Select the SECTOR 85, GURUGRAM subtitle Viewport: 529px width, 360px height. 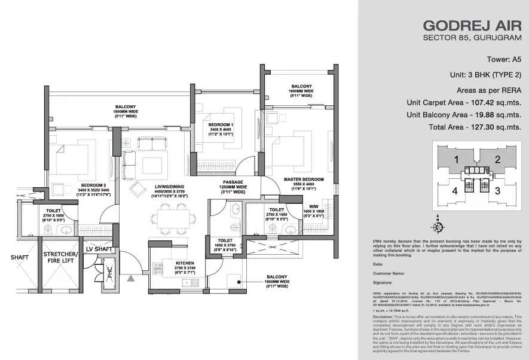pos(472,38)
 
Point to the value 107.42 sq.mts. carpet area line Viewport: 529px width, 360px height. pos(464,102)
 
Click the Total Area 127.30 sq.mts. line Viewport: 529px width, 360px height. pos(475,127)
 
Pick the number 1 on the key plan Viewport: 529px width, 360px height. pos(455,160)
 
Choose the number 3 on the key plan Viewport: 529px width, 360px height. pos(497,191)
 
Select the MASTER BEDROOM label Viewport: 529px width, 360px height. pos(304,179)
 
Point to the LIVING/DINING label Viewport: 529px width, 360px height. pos(155,186)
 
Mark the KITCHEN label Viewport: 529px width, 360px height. pos(168,262)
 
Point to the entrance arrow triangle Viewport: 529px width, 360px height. pos(130,278)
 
